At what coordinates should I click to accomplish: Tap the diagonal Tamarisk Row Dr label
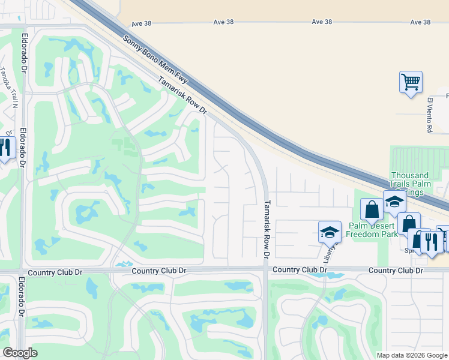click(x=182, y=98)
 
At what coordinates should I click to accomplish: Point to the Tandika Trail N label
click(x=8, y=86)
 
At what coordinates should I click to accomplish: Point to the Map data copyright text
click(x=412, y=355)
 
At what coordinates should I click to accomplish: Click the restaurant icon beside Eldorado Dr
click(x=5, y=148)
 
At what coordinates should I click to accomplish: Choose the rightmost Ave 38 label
click(x=420, y=22)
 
